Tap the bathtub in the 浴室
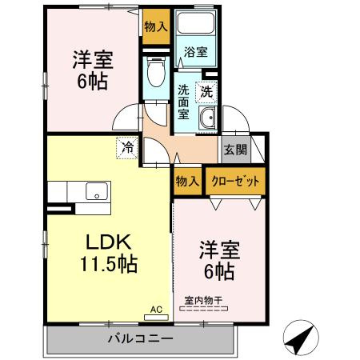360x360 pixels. tap(196, 22)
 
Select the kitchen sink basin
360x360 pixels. tap(97, 191)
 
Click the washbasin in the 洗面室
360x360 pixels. tap(207, 118)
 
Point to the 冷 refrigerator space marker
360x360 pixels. tap(127, 148)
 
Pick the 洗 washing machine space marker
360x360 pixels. tap(206, 92)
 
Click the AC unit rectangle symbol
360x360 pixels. tap(156, 318)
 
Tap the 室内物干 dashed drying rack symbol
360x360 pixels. tap(204, 309)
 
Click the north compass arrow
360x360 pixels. tap(301, 338)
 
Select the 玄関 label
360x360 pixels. tap(235, 150)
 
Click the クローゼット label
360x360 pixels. tap(235, 182)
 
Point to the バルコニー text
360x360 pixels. tap(140, 339)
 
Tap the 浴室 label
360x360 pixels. tap(196, 52)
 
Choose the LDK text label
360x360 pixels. tap(108, 242)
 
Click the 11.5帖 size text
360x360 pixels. tap(109, 264)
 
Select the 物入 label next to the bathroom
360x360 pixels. tap(156, 26)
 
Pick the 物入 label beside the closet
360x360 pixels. tap(187, 182)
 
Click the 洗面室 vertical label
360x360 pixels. tap(183, 102)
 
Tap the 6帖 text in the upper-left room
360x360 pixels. tap(93, 82)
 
